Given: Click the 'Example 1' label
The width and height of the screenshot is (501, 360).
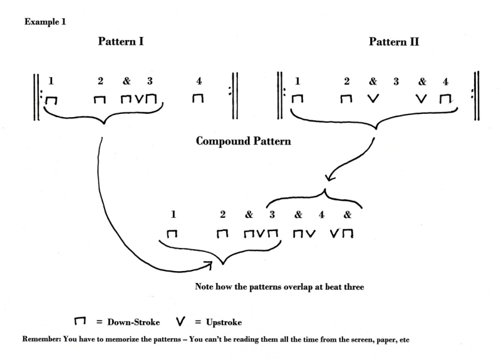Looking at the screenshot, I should (x=46, y=22).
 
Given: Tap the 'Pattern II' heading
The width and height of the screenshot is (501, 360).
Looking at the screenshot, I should (x=394, y=43).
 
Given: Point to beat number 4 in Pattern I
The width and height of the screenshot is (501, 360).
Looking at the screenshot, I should (x=199, y=81).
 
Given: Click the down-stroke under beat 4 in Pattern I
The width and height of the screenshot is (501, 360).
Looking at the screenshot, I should (x=198, y=99).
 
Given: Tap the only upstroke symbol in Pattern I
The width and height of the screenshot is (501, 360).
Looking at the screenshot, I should (x=140, y=99).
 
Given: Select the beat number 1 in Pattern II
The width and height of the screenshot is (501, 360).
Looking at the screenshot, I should (x=297, y=81).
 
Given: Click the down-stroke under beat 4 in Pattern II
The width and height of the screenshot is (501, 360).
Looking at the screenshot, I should (x=445, y=99).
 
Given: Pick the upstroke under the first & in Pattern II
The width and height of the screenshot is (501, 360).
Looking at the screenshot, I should (x=373, y=99).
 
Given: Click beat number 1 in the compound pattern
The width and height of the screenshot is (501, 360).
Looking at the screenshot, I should (x=173, y=214).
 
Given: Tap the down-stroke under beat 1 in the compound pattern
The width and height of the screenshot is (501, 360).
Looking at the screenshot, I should (x=172, y=234).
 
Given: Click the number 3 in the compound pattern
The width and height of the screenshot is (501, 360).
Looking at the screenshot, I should (x=272, y=214).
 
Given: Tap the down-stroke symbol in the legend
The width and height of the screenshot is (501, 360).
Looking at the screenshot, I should (x=80, y=321).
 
